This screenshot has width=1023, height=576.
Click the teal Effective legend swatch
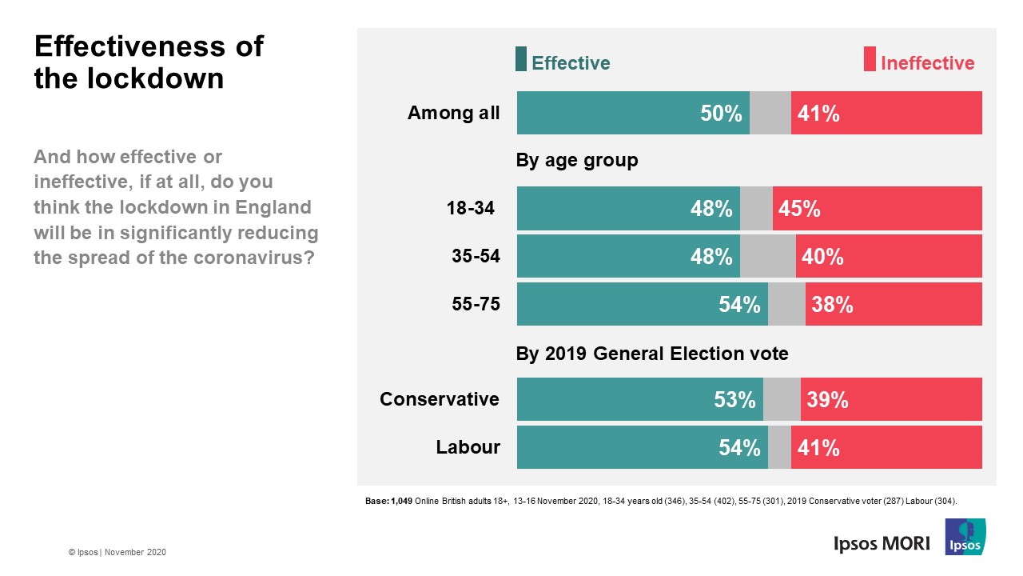coord(521,60)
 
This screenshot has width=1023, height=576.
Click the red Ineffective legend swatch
coord(870,60)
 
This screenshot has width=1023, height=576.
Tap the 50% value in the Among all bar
coord(721,114)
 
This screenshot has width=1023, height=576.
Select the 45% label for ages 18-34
coord(800,209)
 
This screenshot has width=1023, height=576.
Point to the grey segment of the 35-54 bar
coord(767,257)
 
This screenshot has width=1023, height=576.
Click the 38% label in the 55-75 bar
coord(832,305)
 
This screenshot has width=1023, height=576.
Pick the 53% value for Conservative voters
coord(734,400)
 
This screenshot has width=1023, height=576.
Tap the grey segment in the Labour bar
coord(779,448)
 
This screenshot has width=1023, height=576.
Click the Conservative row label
coord(440,399)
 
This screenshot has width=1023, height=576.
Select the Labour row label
coord(468,447)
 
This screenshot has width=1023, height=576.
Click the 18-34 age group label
coord(470,209)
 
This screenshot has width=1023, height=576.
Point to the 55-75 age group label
coord(476,305)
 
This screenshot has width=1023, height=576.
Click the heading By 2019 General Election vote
coord(652,354)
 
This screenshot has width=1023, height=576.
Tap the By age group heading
coord(577,161)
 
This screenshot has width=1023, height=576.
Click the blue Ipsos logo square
coord(965,537)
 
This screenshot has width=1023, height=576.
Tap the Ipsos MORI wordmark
coord(882,543)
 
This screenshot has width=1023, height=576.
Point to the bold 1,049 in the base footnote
coord(402,501)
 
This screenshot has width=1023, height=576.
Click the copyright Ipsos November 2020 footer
coord(117,553)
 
